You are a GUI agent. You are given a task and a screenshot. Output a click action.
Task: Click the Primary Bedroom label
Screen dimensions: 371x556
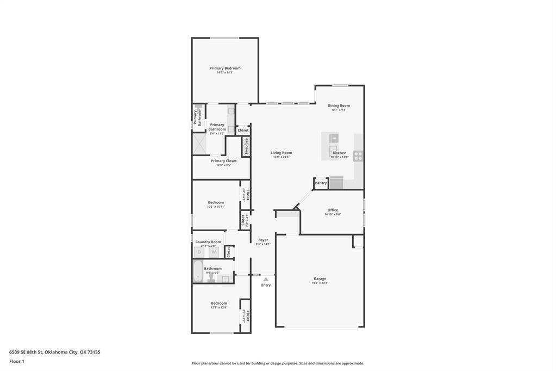click(225, 68)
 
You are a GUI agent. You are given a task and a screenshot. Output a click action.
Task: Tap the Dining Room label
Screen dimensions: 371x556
click(339, 106)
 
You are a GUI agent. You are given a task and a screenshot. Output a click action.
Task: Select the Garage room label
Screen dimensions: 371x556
click(320, 279)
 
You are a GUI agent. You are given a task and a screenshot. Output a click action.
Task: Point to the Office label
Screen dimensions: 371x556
click(333, 210)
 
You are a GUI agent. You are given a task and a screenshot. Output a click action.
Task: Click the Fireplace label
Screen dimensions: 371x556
click(246, 146)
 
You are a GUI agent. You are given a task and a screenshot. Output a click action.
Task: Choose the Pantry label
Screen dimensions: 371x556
click(321, 183)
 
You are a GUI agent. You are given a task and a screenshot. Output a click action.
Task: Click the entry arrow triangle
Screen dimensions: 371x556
click(266, 279)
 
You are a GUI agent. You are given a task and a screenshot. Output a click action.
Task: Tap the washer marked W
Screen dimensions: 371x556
click(214, 252)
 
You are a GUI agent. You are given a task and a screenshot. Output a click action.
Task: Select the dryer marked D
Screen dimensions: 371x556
click(199, 252)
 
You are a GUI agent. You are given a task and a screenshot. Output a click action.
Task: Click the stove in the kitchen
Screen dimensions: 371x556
click(358, 156)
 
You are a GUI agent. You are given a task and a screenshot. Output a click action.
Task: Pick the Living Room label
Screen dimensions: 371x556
click(282, 153)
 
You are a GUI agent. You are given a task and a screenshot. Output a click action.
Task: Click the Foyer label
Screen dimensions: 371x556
click(263, 240)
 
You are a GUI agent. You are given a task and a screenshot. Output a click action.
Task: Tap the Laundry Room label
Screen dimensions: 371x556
click(208, 242)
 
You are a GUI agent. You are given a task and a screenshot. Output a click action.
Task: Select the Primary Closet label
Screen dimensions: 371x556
click(223, 161)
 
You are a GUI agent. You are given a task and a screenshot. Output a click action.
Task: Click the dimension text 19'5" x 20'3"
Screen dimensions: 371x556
click(320, 283)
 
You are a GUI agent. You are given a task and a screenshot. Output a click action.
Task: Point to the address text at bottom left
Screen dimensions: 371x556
click(54, 352)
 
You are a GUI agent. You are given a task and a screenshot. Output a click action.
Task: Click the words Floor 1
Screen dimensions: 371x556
click(17, 361)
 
